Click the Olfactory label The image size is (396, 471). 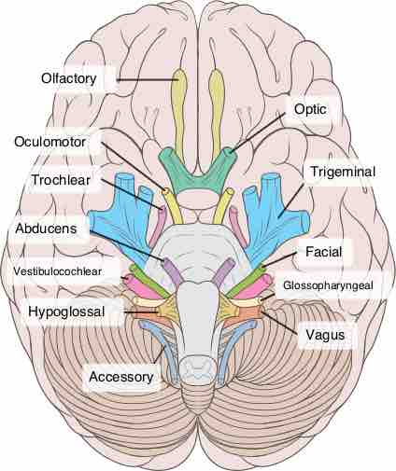[x=69, y=78]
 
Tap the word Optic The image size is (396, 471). [x=310, y=109]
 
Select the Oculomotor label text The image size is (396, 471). [x=49, y=142]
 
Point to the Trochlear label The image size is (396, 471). [x=61, y=180]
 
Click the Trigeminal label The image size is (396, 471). [x=343, y=172]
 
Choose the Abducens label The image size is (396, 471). [x=46, y=229]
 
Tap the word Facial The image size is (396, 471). [x=324, y=252]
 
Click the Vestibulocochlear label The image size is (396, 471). [x=57, y=271]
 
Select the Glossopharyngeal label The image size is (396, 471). [x=328, y=285]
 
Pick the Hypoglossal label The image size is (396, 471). [x=66, y=312]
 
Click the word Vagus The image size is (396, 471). [x=325, y=335]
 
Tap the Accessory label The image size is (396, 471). [x=121, y=377]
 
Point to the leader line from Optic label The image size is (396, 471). [x=257, y=132]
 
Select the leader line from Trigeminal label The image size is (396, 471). [x=291, y=199]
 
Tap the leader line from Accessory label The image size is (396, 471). [x=160, y=354]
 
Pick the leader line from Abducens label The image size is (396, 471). [x=127, y=245]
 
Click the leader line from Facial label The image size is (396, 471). [x=279, y=259]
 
